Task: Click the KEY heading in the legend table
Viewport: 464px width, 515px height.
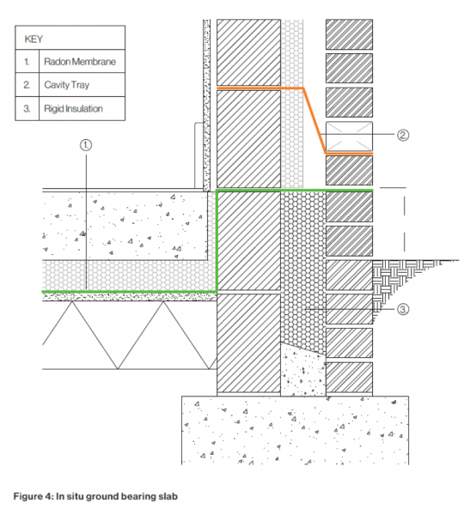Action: pyautogui.click(x=34, y=39)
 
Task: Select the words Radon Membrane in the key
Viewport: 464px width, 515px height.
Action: pyautogui.click(x=80, y=62)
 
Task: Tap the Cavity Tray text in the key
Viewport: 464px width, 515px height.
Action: pyautogui.click(x=67, y=85)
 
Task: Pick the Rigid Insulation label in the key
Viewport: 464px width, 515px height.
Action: pyautogui.click(x=73, y=108)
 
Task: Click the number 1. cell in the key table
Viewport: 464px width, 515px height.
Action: pyautogui.click(x=27, y=62)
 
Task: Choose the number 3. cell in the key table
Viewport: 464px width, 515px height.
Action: pyautogui.click(x=27, y=108)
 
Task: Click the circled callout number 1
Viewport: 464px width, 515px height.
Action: pyautogui.click(x=86, y=145)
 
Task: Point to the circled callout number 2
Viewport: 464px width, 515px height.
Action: pyautogui.click(x=403, y=135)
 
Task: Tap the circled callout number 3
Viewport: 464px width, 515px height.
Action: pyautogui.click(x=403, y=309)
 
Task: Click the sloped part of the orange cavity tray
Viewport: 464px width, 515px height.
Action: pyautogui.click(x=314, y=120)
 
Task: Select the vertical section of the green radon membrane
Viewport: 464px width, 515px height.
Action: pyautogui.click(x=217, y=241)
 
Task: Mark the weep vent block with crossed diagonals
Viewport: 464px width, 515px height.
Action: pyautogui.click(x=349, y=136)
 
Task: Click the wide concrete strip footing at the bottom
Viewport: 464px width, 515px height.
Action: pyautogui.click(x=296, y=430)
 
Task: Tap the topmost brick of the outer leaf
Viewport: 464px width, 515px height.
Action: pyautogui.click(x=349, y=34)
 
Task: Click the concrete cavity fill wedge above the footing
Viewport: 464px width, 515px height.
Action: pyautogui.click(x=302, y=371)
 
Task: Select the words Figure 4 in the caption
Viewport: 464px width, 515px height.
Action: pyautogui.click(x=33, y=496)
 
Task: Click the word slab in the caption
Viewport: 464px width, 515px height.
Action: pyautogui.click(x=168, y=496)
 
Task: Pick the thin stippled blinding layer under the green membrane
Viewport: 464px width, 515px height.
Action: pyautogui.click(x=130, y=297)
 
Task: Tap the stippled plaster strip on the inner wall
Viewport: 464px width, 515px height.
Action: pyautogui.click(x=206, y=105)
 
